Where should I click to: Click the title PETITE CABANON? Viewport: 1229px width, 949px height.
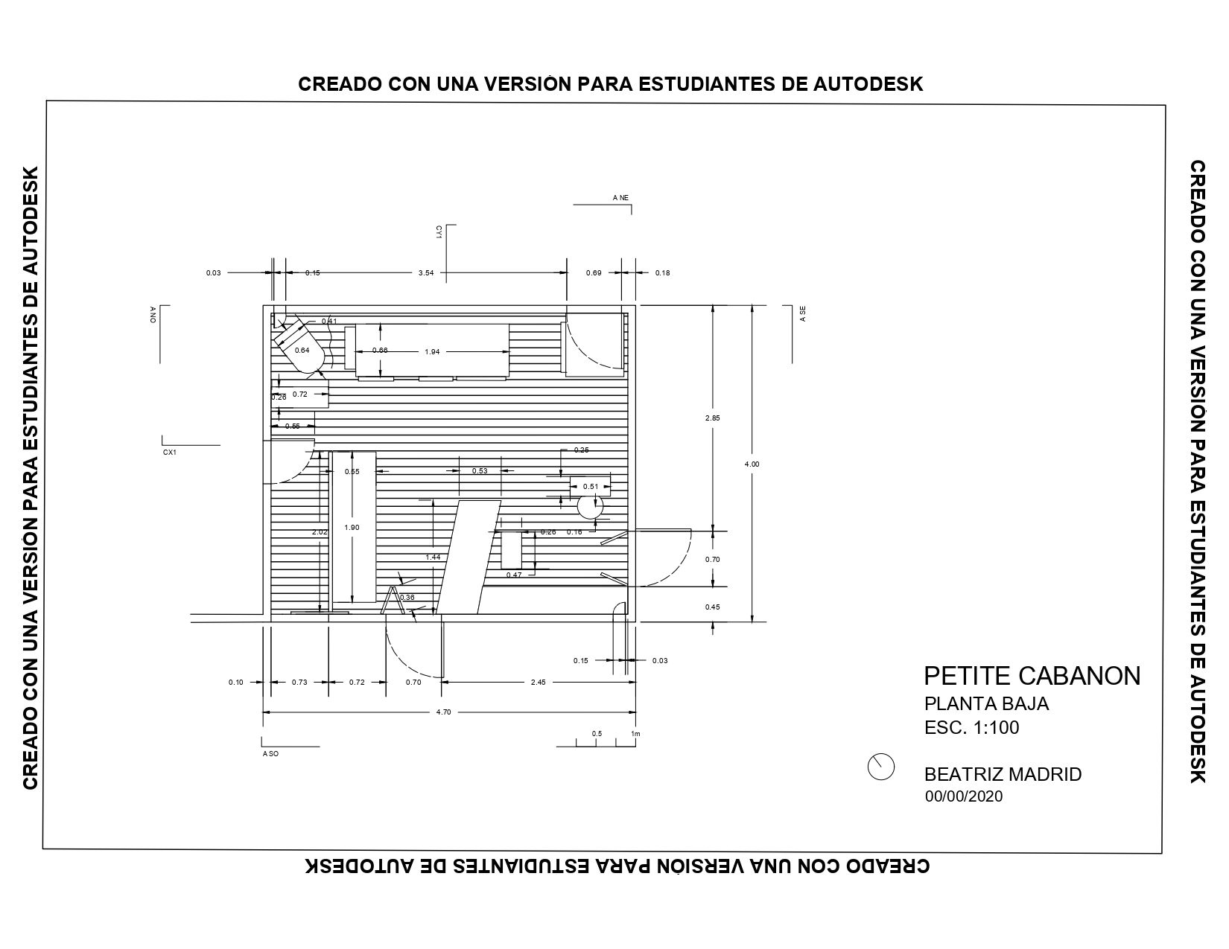point(1032,676)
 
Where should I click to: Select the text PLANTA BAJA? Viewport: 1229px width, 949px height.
point(986,703)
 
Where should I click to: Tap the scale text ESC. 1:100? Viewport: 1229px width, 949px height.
point(972,727)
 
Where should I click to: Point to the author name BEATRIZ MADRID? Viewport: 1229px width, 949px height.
point(1003,774)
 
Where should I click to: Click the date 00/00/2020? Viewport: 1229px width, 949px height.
point(964,796)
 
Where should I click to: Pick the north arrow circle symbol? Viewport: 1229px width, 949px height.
point(880,767)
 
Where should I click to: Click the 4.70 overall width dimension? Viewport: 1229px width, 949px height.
point(443,712)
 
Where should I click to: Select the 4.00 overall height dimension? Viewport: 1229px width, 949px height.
point(752,464)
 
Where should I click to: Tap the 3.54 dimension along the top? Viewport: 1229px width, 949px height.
point(426,273)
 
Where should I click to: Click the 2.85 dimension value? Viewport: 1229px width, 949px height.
point(713,418)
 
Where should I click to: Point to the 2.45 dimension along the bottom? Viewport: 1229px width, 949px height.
point(539,683)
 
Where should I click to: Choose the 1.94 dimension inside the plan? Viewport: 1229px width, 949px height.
point(432,351)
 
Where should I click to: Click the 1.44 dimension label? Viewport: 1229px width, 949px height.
point(433,557)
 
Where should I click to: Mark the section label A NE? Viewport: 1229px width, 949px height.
point(620,198)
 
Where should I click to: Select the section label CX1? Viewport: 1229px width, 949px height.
point(170,453)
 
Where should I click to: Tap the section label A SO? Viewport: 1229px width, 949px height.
point(270,754)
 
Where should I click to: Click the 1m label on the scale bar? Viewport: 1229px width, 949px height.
point(635,734)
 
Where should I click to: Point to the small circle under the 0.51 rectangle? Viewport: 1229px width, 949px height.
point(590,506)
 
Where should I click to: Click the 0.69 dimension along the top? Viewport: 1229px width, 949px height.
point(594,273)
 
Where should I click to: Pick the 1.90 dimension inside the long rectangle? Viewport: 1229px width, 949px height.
point(352,528)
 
